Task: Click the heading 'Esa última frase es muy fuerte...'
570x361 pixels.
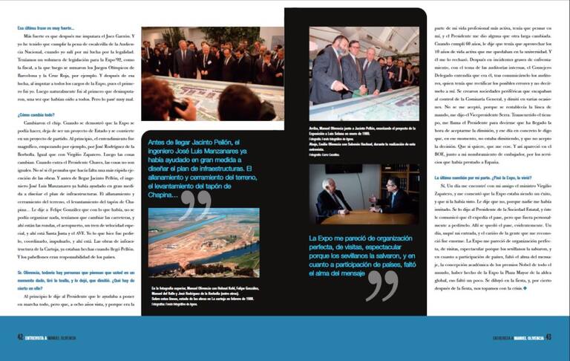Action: [x=47, y=27]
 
